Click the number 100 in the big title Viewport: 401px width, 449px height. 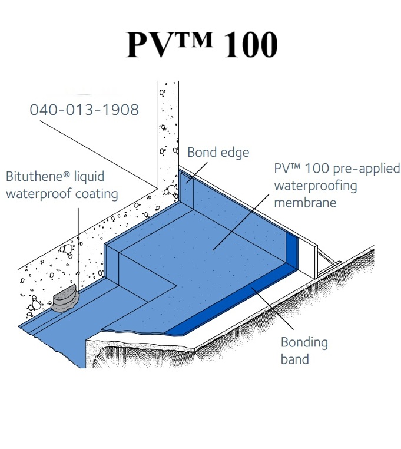251,45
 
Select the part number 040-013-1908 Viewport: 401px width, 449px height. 84,110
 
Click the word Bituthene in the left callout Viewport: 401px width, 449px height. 34,176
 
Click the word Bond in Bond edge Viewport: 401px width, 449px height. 201,152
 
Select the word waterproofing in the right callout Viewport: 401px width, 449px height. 316,186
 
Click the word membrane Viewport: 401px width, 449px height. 305,203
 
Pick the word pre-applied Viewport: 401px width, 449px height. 367,169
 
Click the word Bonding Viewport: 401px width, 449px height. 304,342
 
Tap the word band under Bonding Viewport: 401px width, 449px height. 295,359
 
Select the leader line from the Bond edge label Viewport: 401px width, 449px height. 196,172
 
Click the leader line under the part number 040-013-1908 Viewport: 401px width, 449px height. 99,154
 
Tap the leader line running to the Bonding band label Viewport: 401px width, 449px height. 272,308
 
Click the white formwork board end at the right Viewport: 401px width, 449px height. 316,261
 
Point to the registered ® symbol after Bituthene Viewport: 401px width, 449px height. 66,173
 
